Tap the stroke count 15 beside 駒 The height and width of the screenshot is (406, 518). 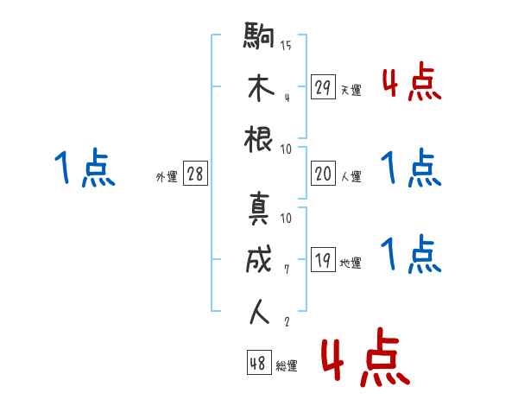[x=286, y=46]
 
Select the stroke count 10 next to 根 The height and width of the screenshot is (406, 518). [x=286, y=149]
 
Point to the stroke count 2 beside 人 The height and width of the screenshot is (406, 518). [x=286, y=321]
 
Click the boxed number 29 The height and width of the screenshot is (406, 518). [x=323, y=87]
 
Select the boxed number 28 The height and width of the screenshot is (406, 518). [x=194, y=174]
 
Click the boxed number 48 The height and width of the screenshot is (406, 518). [x=258, y=364]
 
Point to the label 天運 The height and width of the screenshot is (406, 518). [x=351, y=90]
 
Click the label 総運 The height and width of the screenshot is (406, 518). [x=287, y=366]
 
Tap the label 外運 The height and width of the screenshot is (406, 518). [x=166, y=176]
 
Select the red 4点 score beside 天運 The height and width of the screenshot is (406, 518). [x=412, y=85]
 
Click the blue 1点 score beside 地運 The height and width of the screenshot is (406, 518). [x=412, y=255]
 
